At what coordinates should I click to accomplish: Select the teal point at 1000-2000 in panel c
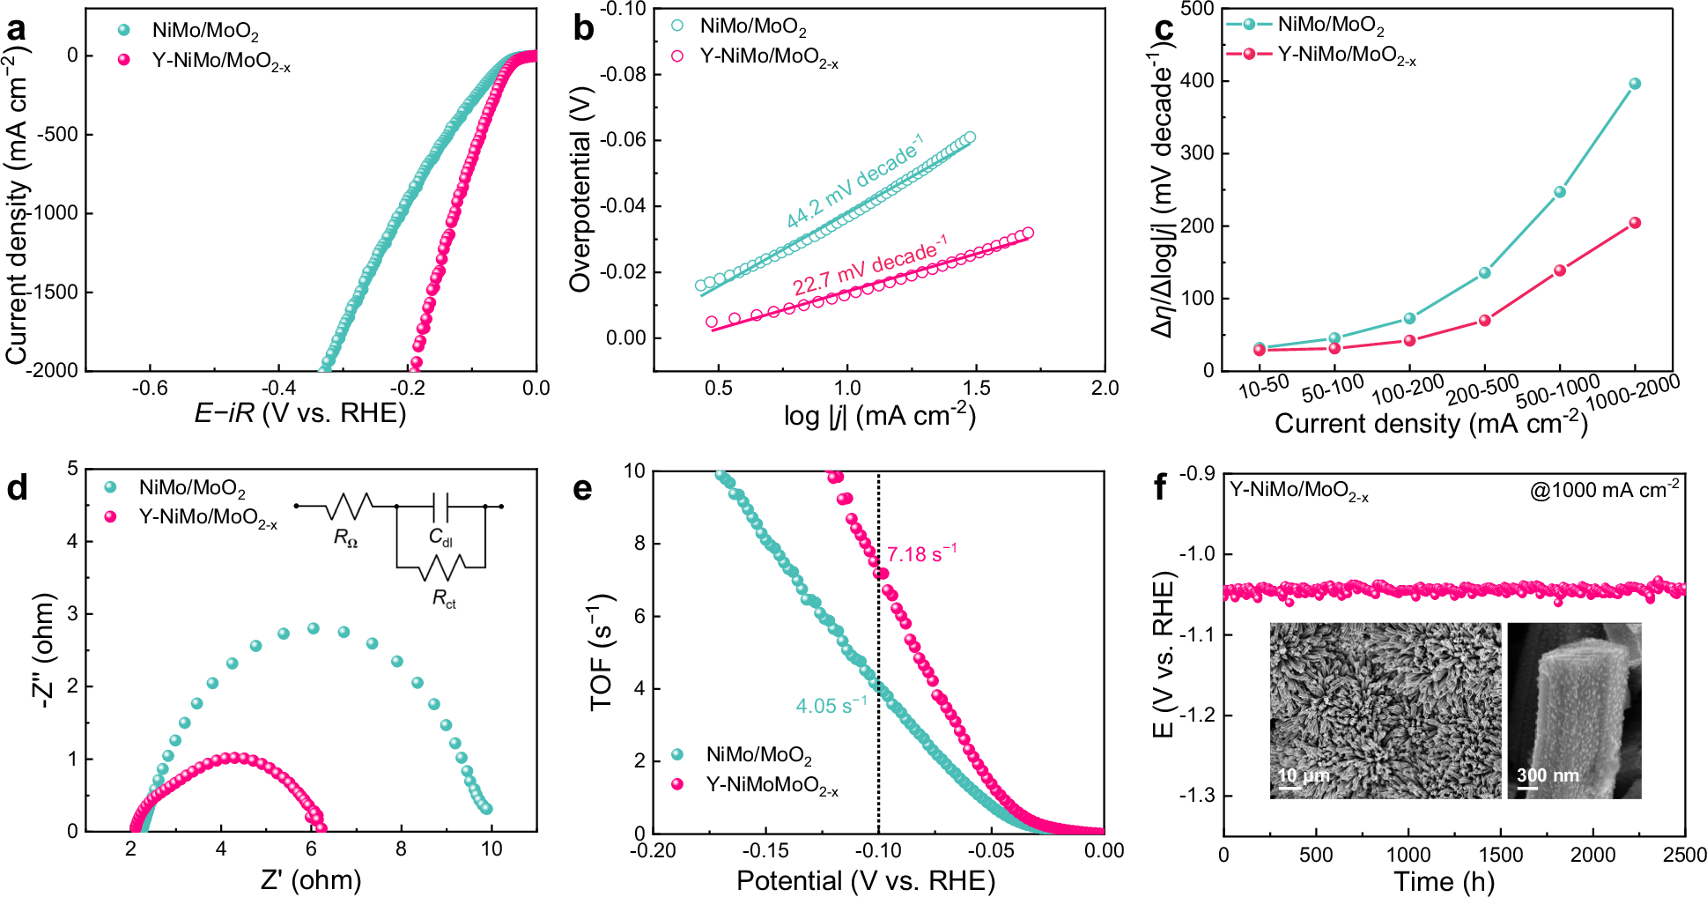pyautogui.click(x=1635, y=84)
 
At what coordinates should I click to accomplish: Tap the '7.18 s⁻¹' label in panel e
pyautogui.click(x=921, y=554)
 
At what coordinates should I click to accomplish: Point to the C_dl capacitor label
pyautogui.click(x=440, y=537)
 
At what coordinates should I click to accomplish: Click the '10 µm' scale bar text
pyautogui.click(x=1304, y=775)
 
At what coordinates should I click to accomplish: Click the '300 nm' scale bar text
pyautogui.click(x=1548, y=775)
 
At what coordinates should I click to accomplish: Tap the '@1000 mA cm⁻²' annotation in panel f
pyautogui.click(x=1604, y=491)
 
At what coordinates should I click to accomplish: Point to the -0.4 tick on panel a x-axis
pyautogui.click(x=278, y=389)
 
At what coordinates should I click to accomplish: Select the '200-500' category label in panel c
pyautogui.click(x=1482, y=389)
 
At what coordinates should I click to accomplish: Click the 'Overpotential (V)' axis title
pyautogui.click(x=580, y=189)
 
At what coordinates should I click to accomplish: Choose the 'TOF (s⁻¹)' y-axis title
pyautogui.click(x=602, y=652)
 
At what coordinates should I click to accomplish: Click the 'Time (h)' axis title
pyautogui.click(x=1444, y=881)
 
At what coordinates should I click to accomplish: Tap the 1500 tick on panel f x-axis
pyautogui.click(x=1500, y=855)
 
